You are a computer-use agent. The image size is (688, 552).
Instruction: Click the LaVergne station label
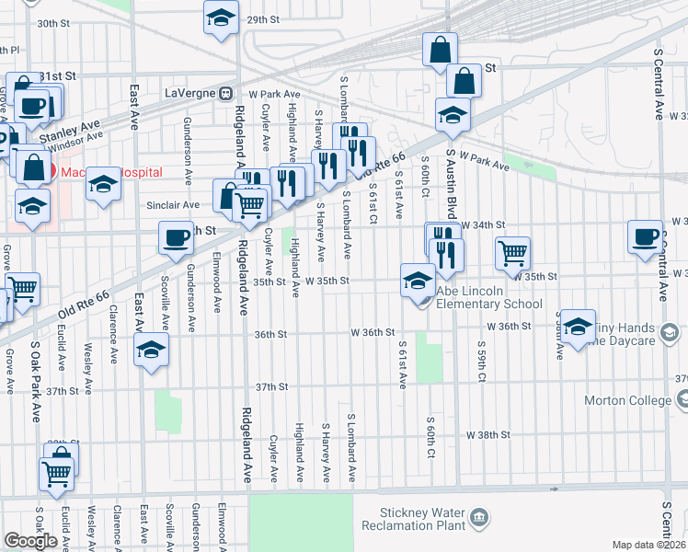(x=193, y=93)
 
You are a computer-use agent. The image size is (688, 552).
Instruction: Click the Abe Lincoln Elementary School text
(x=489, y=304)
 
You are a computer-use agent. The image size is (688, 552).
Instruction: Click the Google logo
(x=30, y=541)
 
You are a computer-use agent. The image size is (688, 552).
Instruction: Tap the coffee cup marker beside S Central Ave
(x=645, y=236)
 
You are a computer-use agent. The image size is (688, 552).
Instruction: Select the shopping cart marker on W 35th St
(x=512, y=251)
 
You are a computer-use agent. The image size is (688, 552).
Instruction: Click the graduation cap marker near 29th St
(x=221, y=17)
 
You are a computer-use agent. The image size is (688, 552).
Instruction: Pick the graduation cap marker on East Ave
(x=151, y=350)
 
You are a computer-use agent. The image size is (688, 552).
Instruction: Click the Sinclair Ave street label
(x=178, y=205)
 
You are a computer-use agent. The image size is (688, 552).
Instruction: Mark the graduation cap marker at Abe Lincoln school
(x=418, y=280)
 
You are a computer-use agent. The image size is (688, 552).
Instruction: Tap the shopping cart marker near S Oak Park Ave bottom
(x=56, y=474)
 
